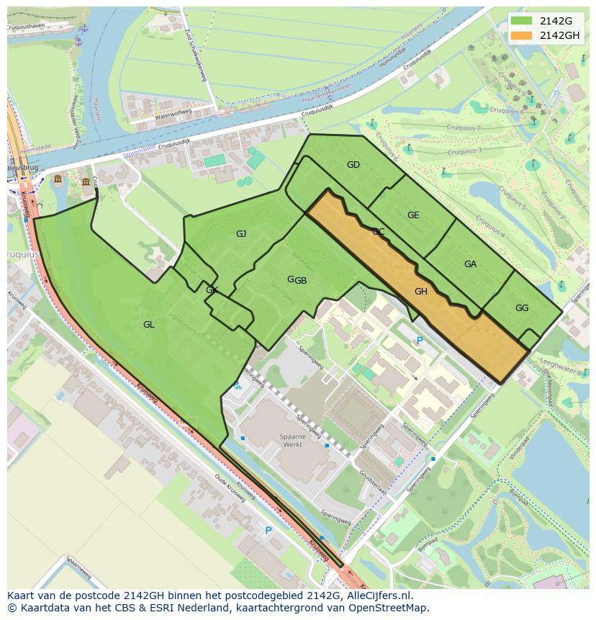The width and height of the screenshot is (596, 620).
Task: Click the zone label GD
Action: (x=353, y=165)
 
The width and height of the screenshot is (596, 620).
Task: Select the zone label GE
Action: (x=413, y=215)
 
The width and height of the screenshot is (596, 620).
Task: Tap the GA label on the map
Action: (x=470, y=264)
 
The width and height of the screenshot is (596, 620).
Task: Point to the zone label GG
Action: (x=522, y=308)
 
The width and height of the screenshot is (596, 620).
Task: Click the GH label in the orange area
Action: (x=421, y=292)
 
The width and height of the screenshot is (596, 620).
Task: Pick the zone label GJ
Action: (x=241, y=233)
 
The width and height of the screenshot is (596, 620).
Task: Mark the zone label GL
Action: (x=148, y=325)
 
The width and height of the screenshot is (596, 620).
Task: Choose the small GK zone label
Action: (x=212, y=290)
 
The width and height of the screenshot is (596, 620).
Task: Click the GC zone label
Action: (x=378, y=232)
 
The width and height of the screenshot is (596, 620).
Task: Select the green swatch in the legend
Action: (x=523, y=21)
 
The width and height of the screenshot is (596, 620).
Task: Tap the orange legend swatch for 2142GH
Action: (x=523, y=35)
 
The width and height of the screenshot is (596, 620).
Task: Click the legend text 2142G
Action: (x=556, y=21)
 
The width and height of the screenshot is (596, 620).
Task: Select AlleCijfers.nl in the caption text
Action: (x=387, y=596)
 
